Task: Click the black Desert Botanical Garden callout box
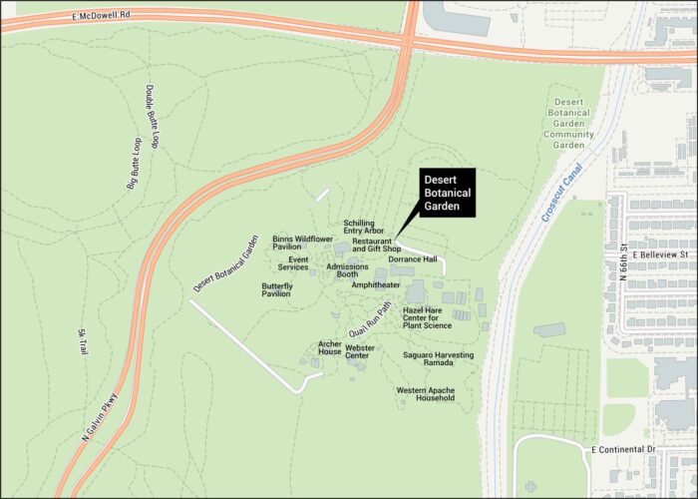445,192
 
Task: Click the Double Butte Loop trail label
153,117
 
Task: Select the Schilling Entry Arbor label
363,227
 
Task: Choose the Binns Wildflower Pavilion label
302,243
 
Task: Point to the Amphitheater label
376,284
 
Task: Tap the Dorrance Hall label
413,259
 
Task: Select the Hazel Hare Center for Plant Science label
427,317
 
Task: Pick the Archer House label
330,348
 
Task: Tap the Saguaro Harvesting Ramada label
438,358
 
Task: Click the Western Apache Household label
425,393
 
